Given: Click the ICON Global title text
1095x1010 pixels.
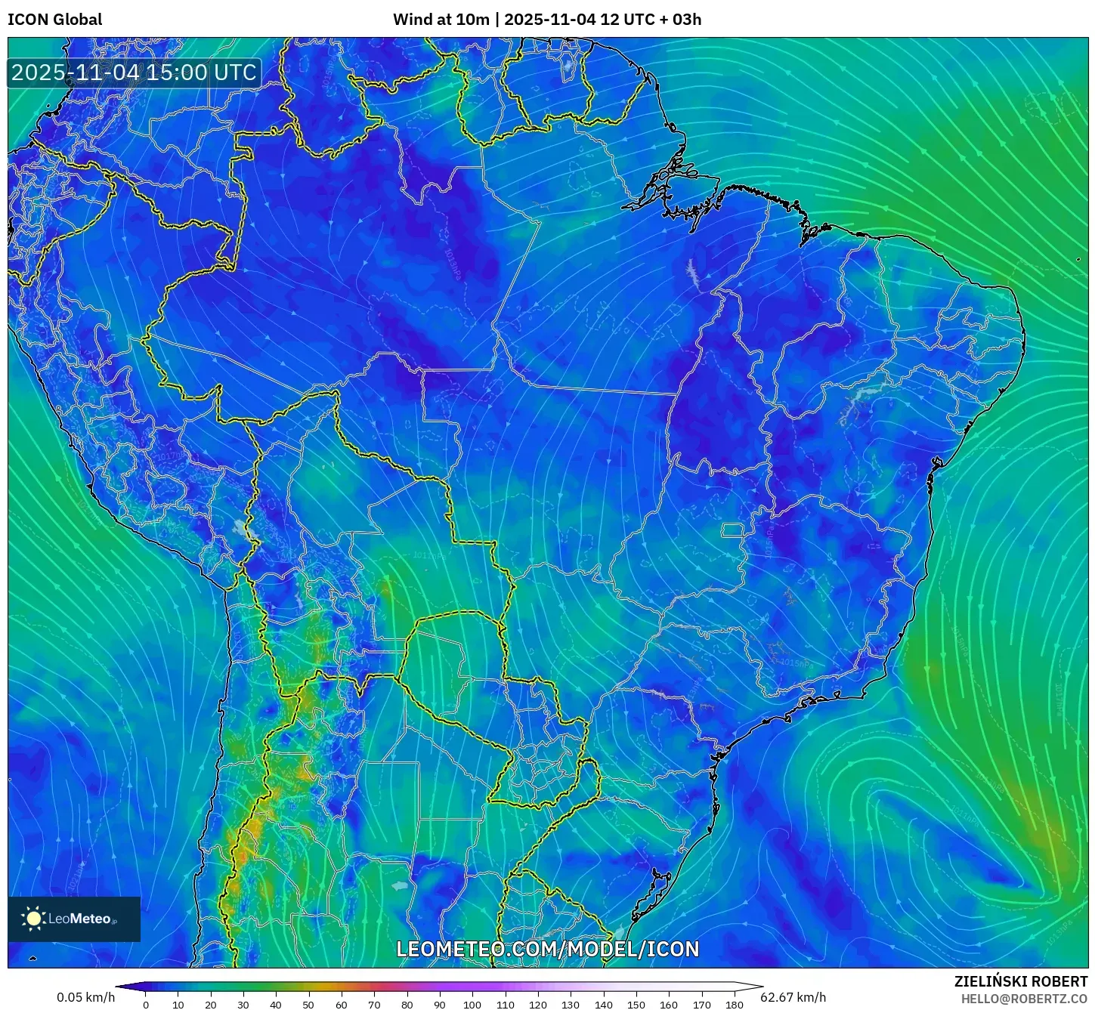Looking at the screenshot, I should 54,20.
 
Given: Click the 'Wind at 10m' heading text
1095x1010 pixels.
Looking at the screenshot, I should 441,20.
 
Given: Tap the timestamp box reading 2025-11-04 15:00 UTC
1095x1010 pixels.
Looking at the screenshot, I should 134,73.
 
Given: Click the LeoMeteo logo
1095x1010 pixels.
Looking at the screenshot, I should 74,919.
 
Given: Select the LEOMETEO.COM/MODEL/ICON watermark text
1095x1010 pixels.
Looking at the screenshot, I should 548,949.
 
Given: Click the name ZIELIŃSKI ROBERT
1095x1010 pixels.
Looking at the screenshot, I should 1021,981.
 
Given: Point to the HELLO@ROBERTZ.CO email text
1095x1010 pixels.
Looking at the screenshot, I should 1024,999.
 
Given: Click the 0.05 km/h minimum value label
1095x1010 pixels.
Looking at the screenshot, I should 85,997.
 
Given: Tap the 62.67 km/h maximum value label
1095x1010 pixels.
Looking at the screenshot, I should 793,997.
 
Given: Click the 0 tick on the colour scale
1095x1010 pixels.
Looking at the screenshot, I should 146,1005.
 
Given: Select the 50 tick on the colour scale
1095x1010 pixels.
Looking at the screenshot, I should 308,1005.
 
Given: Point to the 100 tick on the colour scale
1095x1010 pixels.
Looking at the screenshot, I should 472,1005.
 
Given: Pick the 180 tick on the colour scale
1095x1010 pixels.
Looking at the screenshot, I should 735,1005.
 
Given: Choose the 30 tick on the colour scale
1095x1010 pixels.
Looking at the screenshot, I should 243,1005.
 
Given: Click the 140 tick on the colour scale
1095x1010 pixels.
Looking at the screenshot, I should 604,1005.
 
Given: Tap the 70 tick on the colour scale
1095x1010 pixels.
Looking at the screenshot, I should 374,1005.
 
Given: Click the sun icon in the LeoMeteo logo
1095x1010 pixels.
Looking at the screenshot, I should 33,919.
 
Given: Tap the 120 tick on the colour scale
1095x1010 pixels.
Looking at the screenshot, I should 538,1005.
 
